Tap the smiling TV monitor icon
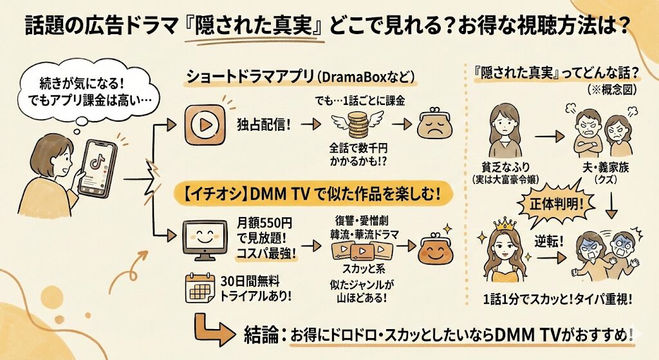click(205, 239)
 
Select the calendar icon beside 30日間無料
click(200, 288)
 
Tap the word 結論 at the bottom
click(263, 334)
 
